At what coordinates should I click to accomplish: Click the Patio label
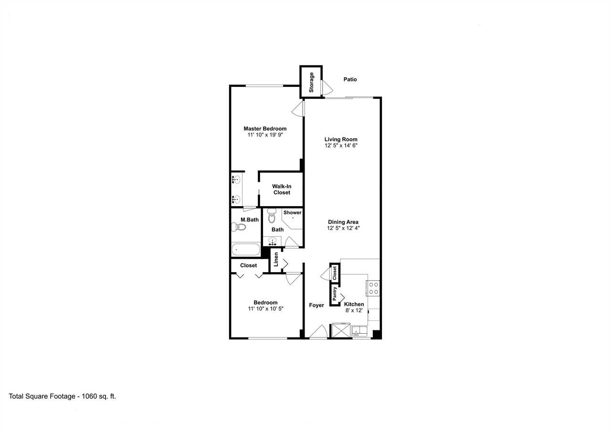(x=350, y=79)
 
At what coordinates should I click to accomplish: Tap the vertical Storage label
(x=311, y=83)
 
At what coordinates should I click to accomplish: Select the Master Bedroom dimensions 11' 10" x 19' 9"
(x=265, y=135)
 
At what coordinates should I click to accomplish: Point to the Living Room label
(x=341, y=139)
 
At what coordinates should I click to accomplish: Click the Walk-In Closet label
(x=282, y=190)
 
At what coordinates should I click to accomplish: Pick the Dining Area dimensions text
(x=343, y=228)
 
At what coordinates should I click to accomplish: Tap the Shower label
(x=293, y=212)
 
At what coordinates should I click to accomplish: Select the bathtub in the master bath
(x=246, y=250)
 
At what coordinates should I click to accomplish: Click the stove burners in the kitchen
(x=373, y=288)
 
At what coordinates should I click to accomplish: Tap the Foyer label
(x=316, y=305)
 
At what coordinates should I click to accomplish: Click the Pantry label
(x=335, y=294)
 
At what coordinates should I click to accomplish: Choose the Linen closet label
(x=276, y=259)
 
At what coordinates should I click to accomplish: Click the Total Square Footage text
(x=62, y=396)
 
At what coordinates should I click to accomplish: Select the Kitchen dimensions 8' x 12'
(x=354, y=310)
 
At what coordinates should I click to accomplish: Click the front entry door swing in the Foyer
(x=318, y=332)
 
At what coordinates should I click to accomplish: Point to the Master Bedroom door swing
(x=298, y=108)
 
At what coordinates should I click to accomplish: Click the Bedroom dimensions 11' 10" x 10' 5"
(x=266, y=309)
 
